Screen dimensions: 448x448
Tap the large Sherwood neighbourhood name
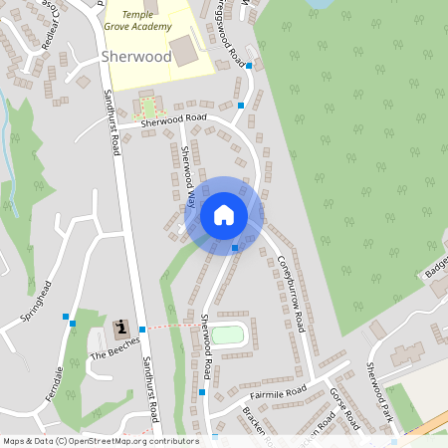pyautogui.click(x=135, y=58)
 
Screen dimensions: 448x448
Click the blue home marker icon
pyautogui.click(x=224, y=214)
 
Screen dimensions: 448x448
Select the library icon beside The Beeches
pyautogui.click(x=121, y=328)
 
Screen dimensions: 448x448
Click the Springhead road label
pyautogui.click(x=35, y=302)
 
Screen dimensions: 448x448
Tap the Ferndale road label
pyautogui.click(x=54, y=383)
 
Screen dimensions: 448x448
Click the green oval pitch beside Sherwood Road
pyautogui.click(x=229, y=334)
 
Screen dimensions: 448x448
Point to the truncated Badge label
pyautogui.click(x=435, y=264)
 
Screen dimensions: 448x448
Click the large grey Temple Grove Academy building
pyautogui.click(x=183, y=50)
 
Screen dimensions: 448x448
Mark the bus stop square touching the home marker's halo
pyautogui.click(x=235, y=248)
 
